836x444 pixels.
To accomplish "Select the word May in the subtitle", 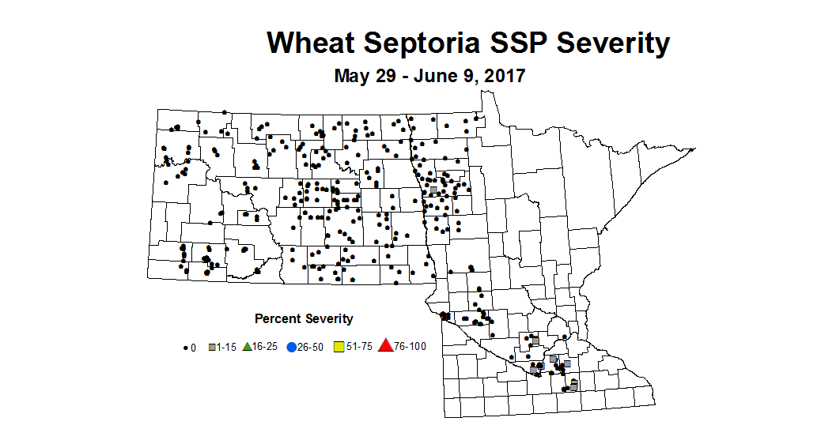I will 351,77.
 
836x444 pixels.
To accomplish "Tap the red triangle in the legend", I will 386,346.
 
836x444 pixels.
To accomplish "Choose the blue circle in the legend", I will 291,347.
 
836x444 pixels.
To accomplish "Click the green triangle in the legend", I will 247,346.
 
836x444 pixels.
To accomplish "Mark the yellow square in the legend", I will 339,347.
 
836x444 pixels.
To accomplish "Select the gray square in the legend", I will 212,347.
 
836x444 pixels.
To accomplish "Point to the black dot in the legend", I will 186,347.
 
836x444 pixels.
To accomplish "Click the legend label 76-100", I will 410,347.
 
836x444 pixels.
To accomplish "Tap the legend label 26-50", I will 312,347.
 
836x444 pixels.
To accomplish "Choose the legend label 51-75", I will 358,347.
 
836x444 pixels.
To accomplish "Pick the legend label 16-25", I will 266,347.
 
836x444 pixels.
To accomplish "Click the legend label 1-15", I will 228,347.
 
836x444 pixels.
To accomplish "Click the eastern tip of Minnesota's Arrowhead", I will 694,149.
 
